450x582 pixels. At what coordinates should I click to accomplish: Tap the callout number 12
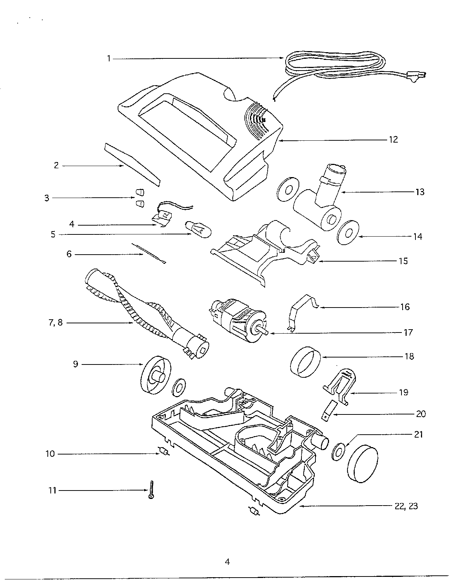click(393, 140)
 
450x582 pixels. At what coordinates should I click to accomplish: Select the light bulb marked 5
click(198, 229)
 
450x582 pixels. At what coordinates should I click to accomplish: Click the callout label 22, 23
click(406, 506)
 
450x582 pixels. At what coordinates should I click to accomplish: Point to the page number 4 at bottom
click(227, 562)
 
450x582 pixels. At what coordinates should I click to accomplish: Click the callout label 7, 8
click(55, 323)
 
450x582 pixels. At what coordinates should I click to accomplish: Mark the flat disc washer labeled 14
click(347, 233)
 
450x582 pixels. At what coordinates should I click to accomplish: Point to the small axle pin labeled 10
click(163, 452)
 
